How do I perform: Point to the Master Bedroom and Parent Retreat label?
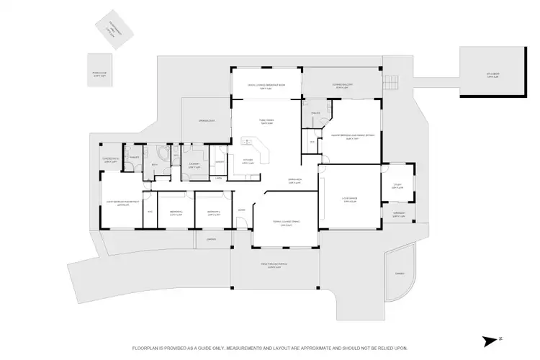351,137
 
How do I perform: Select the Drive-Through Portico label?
274,266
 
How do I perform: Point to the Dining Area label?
294,181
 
